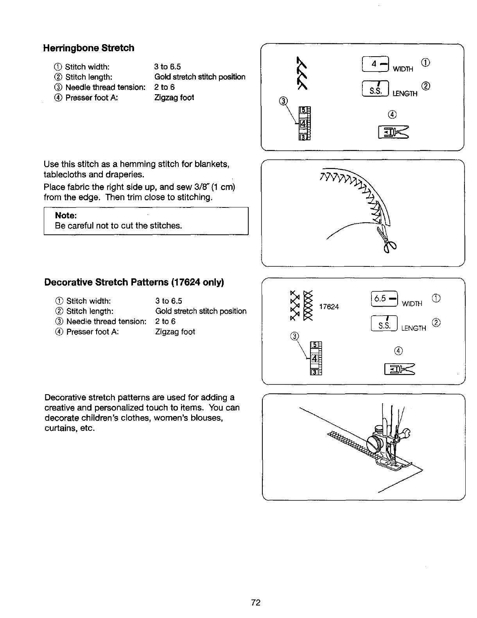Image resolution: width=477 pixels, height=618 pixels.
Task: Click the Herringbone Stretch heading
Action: (x=89, y=48)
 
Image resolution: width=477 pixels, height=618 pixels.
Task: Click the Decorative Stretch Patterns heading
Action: (x=134, y=282)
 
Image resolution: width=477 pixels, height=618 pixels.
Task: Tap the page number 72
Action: (x=256, y=602)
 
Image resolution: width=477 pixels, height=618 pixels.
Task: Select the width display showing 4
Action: (x=376, y=63)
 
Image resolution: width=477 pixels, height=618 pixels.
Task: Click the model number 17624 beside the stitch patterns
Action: (x=329, y=307)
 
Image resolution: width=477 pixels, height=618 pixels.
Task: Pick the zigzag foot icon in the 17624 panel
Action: (x=399, y=368)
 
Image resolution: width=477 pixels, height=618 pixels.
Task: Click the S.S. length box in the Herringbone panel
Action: (x=376, y=88)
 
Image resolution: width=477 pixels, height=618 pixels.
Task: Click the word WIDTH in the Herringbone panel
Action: (x=403, y=69)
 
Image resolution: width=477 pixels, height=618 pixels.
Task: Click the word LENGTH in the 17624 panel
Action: (x=414, y=329)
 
